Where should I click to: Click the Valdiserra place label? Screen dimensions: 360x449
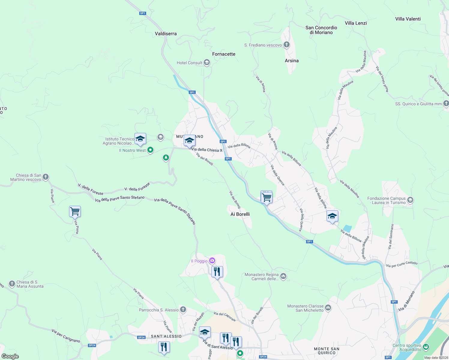[x=166, y=34]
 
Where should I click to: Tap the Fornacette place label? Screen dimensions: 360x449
[x=224, y=54]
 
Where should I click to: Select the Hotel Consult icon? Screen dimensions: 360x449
[x=206, y=63]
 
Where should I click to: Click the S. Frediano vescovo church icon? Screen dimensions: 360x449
[x=287, y=45]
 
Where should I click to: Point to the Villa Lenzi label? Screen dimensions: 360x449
[x=356, y=23]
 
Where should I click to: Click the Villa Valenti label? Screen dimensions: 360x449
[x=408, y=19]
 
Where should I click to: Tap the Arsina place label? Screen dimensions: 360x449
[x=291, y=61]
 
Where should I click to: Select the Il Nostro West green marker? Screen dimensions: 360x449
[x=150, y=150]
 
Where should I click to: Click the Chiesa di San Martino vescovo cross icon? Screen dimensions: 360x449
[x=46, y=177]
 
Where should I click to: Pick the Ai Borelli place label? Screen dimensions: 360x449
[x=240, y=214]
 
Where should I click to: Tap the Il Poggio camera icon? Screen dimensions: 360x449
[x=212, y=260]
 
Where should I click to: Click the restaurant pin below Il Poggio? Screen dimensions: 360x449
[x=217, y=272]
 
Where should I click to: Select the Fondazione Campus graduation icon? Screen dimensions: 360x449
[x=410, y=200]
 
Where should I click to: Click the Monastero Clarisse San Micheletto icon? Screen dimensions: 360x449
[x=328, y=308]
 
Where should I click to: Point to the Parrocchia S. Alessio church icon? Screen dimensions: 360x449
[x=183, y=310]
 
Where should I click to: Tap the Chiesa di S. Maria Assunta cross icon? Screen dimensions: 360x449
[x=12, y=283]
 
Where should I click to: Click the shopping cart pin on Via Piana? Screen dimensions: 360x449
[x=75, y=211]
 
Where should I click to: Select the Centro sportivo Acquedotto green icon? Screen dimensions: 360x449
[x=426, y=347]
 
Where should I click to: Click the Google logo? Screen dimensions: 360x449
[x=10, y=356]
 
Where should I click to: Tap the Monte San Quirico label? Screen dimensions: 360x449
[x=327, y=351]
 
